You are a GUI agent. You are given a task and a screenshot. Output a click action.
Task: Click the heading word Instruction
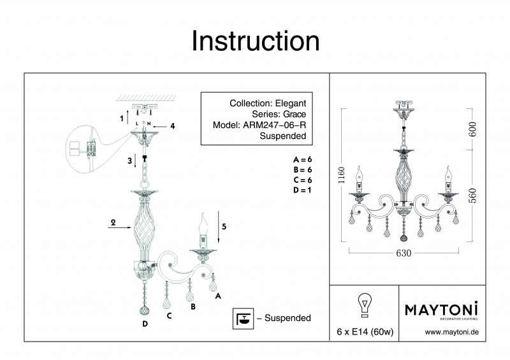click(255, 41)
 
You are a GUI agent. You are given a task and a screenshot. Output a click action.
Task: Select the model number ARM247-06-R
click(275, 125)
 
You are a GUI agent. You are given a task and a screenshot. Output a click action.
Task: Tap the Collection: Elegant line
click(268, 103)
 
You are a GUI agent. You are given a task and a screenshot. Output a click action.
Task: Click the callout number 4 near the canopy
click(172, 126)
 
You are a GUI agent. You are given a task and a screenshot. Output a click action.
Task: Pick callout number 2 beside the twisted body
click(112, 223)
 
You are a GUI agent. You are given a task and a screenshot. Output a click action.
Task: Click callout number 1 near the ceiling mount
click(121, 119)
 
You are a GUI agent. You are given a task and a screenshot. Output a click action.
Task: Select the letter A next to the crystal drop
click(218, 296)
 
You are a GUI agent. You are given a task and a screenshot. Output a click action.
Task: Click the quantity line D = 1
click(303, 190)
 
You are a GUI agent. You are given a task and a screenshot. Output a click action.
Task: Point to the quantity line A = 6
click(303, 159)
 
